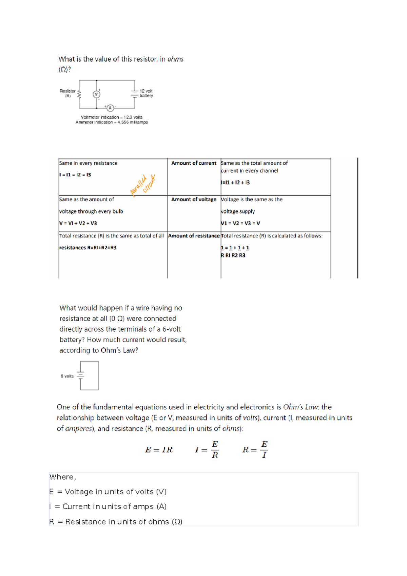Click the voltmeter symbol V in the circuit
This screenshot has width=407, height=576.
96,94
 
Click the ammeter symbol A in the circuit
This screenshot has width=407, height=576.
110,108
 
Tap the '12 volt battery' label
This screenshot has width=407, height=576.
146,93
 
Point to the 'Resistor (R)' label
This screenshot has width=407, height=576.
67,93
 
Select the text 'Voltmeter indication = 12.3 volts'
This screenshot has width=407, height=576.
112,117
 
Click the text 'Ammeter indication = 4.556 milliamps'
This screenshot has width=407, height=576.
112,122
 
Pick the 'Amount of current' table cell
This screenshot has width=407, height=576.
194,163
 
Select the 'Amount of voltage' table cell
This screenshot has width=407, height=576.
194,199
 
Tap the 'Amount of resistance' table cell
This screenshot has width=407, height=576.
194,236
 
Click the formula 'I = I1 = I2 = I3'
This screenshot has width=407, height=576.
75,175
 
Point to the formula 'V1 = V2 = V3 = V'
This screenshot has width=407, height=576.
240,223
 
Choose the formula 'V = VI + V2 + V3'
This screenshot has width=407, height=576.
78,223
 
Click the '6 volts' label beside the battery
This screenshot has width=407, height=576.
67,376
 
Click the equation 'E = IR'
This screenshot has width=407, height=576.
159,450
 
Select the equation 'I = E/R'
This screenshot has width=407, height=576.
207,450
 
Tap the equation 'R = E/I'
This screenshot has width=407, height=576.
255,450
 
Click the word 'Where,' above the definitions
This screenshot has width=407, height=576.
63,477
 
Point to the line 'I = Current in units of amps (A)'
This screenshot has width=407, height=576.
108,506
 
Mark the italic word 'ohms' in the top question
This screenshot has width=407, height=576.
175,59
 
